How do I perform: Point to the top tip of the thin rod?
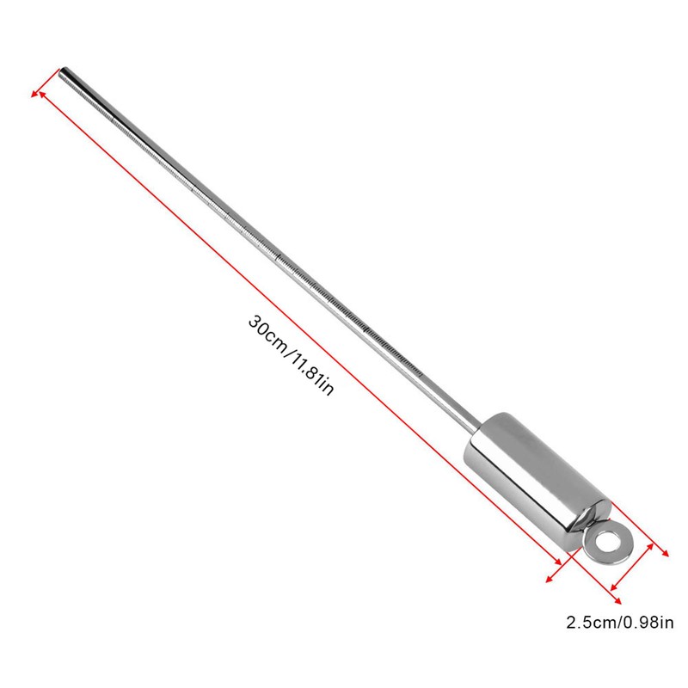coord(63,69)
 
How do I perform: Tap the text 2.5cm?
coord(587,622)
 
